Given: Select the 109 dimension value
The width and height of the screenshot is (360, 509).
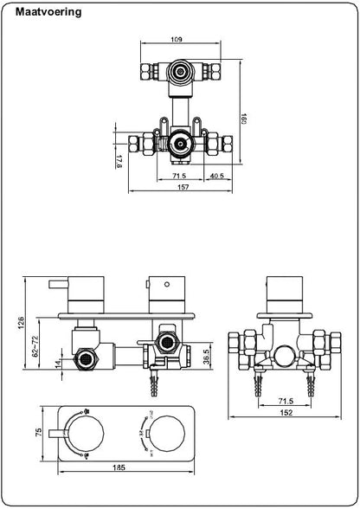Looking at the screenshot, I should (x=177, y=39).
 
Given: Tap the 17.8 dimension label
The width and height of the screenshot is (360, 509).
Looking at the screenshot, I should (x=118, y=160).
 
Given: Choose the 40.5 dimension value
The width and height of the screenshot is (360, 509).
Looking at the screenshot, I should (x=216, y=176).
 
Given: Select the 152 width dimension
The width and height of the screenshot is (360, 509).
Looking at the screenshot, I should (x=285, y=411).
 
